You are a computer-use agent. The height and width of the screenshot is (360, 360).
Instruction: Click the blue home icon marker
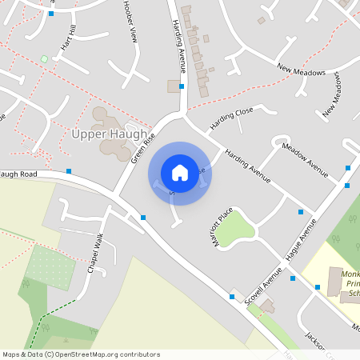coord(179,173)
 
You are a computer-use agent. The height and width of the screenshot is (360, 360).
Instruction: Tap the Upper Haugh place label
coord(110,134)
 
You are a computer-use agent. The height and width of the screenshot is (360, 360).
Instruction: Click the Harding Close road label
coord(231,118)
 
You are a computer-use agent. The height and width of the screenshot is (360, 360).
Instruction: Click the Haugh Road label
coord(18,174)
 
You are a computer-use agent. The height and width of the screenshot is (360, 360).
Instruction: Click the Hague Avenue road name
coord(297,248)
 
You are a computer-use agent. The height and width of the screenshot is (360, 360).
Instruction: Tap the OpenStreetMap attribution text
coord(81,354)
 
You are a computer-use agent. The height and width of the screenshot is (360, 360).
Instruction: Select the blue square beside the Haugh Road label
coord(70,170)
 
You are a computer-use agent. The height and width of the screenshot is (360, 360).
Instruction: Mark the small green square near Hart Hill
coord(45,58)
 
